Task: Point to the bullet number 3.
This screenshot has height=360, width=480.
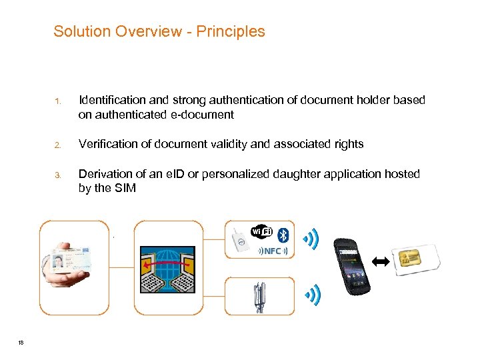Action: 58,175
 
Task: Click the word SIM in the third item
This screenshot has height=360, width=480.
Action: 125,189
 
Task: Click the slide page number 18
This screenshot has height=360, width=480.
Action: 21,342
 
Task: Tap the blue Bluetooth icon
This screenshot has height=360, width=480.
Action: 283,233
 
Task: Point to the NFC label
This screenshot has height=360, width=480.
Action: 272,251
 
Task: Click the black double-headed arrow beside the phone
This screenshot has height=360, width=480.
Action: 381,263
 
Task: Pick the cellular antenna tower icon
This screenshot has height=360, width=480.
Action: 257,296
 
